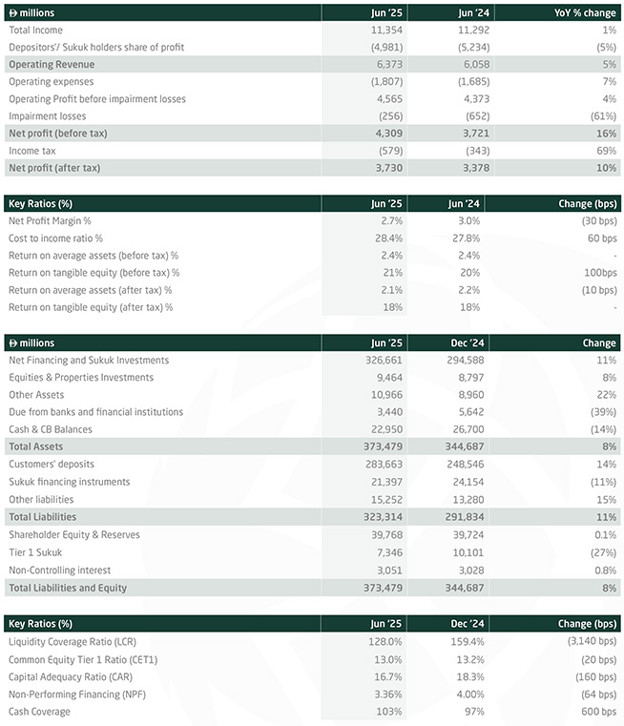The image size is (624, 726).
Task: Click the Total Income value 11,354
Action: [386, 31]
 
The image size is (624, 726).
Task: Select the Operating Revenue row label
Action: [52, 64]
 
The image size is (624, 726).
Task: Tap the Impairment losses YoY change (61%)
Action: [603, 116]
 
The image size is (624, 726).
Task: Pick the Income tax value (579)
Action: [390, 151]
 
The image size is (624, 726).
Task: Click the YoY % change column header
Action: [585, 13]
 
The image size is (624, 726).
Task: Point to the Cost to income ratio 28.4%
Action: [389, 239]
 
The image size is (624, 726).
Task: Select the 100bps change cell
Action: [600, 273]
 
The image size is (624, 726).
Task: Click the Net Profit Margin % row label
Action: [50, 221]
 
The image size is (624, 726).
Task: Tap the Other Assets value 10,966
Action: [386, 395]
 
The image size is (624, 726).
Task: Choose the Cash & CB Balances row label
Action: [51, 429]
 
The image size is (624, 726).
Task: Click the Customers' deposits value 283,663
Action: [384, 465]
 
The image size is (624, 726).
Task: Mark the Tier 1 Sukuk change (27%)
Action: [603, 552]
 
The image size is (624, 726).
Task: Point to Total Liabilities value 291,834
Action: [465, 517]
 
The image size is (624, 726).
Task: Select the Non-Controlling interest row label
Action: [60, 570]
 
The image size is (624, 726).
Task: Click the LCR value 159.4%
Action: [468, 642]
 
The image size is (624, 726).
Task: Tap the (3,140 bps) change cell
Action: [593, 641]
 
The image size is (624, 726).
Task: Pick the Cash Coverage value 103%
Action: [389, 712]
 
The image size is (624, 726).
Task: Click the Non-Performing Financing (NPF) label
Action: [77, 695]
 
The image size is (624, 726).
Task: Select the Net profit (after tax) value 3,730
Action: [389, 168]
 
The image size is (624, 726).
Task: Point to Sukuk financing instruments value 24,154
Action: [468, 483]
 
